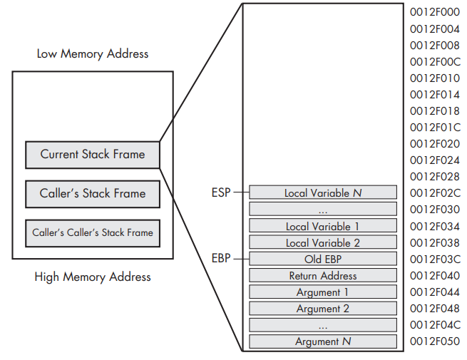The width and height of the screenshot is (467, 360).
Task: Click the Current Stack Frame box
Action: coord(93,155)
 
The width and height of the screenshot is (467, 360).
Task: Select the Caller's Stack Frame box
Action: coord(93,194)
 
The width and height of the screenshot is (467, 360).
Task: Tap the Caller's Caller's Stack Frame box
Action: coord(93,233)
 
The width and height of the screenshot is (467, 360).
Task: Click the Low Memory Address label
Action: coord(93,54)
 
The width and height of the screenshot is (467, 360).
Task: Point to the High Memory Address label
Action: coord(93,277)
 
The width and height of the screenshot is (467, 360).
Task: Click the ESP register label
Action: coord(221,192)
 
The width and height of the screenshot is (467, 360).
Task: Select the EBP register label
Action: coord(221,258)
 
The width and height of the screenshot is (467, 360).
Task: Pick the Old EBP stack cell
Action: coord(323,259)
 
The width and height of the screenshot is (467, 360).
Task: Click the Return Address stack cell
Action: coord(323,275)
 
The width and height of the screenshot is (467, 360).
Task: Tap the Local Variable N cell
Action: coord(323,192)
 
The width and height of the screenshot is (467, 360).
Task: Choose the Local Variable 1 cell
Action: coord(323,226)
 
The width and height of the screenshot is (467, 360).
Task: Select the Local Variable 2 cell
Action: coord(323,242)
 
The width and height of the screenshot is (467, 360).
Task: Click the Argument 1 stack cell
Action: coord(323,292)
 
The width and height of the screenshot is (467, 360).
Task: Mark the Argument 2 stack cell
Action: coord(323,309)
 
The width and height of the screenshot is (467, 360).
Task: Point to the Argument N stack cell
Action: coord(323,341)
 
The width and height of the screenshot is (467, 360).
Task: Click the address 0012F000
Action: coord(435,12)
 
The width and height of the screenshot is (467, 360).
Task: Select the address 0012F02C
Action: coord(435,193)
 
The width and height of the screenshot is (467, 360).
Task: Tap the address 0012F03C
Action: coord(435,259)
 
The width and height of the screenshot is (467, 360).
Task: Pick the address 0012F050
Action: coord(435,341)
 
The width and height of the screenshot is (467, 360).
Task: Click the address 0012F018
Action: coord(435,111)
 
